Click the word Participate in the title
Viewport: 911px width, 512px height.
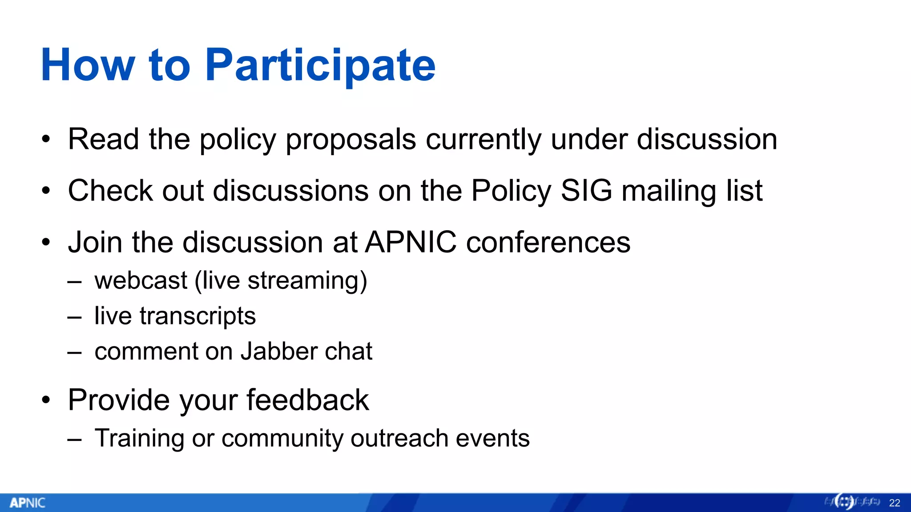tap(320, 66)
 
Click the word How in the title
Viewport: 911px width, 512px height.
tap(88, 66)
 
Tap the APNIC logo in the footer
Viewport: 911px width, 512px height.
tap(27, 503)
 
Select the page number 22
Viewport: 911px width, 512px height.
tap(895, 503)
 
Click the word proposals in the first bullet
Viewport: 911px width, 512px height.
tap(351, 140)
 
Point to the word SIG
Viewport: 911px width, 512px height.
tap(586, 191)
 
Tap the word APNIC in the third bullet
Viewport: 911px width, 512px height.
tap(411, 242)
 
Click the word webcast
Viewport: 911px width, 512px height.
tap(141, 280)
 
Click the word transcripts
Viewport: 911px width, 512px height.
tap(198, 316)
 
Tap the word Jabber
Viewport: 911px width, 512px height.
tap(279, 351)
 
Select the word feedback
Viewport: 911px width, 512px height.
tap(307, 400)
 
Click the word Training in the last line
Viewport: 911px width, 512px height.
tap(139, 439)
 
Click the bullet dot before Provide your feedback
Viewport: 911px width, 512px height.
tap(46, 400)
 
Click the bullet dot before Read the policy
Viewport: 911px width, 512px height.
tap(46, 140)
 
